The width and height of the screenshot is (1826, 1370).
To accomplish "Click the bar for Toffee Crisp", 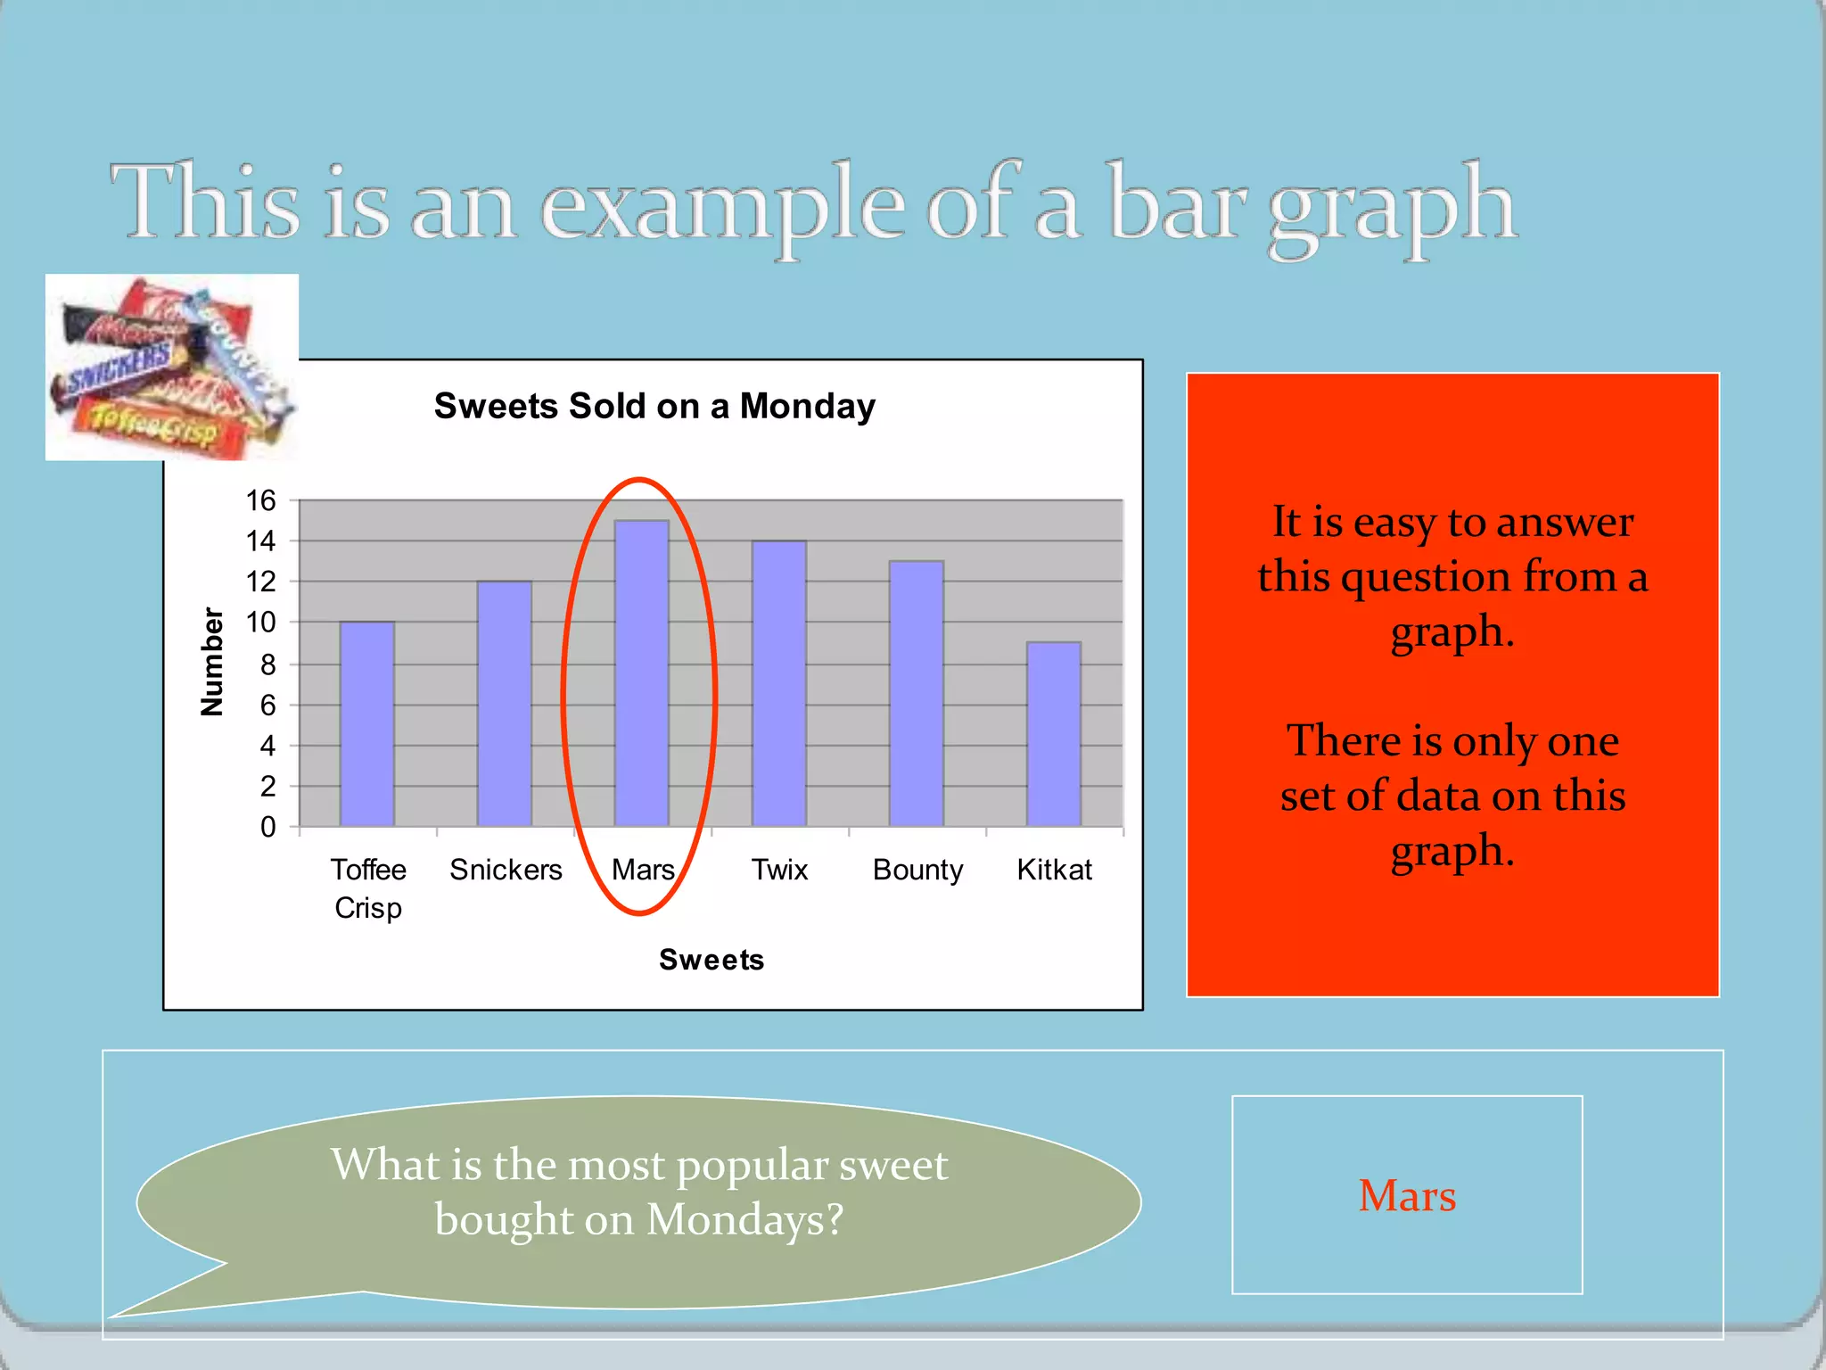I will pyautogui.click(x=366, y=724).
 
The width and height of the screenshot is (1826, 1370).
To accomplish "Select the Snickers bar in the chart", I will pyautogui.click(x=504, y=704).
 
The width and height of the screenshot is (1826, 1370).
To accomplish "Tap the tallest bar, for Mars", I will pyautogui.click(x=641, y=673).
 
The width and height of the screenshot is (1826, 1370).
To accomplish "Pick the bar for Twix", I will pyautogui.click(x=778, y=683).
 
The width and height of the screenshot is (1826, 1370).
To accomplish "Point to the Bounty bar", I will pyautogui.click(x=916, y=694).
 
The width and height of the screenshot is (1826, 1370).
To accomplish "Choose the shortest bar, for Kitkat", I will pyautogui.click(x=1053, y=734).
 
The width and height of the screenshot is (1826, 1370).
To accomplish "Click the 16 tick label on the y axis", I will pyautogui.click(x=261, y=500).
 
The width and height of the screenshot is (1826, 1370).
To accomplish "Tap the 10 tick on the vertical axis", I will pyautogui.click(x=261, y=622).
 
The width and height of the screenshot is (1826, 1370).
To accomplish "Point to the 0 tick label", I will pyautogui.click(x=267, y=827).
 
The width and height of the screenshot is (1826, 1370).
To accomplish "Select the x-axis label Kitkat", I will pyautogui.click(x=1054, y=869).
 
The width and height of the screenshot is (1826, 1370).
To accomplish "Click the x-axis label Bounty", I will pyautogui.click(x=917, y=870).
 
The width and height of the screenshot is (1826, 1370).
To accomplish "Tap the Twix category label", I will pyautogui.click(x=779, y=869).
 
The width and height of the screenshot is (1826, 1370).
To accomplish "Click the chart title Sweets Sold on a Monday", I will pyautogui.click(x=654, y=406).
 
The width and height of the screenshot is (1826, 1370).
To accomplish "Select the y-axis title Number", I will pyautogui.click(x=212, y=661).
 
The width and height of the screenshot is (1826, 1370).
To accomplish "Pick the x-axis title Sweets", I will pyautogui.click(x=711, y=960).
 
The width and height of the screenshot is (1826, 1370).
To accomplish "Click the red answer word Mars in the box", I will pyautogui.click(x=1406, y=1195).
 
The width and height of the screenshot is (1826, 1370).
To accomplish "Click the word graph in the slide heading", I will pyautogui.click(x=1391, y=207).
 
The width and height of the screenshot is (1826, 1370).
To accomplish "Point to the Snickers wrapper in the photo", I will pyautogui.click(x=119, y=367).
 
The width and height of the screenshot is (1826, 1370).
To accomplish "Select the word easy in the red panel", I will pyautogui.click(x=1392, y=522).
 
